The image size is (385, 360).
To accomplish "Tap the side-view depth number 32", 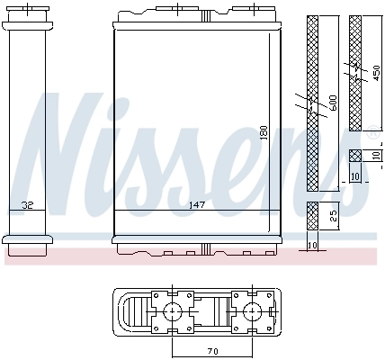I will pyautogui.click(x=28, y=204).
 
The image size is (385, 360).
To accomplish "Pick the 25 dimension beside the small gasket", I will pyautogui.click(x=332, y=217).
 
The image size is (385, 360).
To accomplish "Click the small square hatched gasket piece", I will pyautogui.click(x=354, y=155).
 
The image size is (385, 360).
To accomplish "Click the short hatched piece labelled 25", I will pyautogui.click(x=312, y=217).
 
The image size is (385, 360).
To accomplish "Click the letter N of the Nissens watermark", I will pyautogui.click(x=63, y=144).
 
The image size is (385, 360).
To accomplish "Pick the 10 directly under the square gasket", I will pyautogui.click(x=354, y=175).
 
